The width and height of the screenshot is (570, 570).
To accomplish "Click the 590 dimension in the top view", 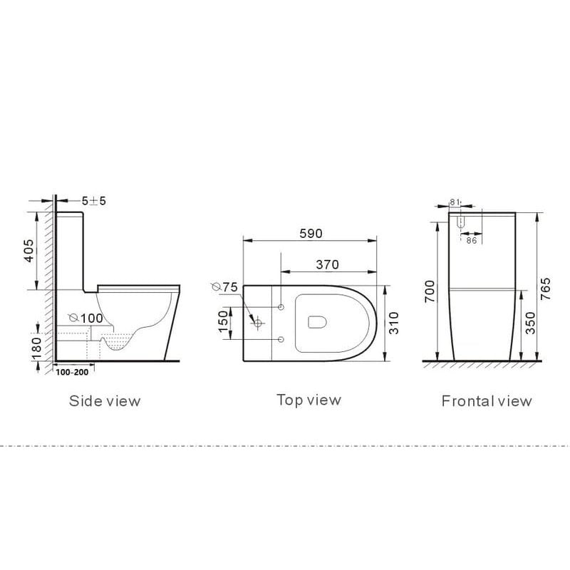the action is (x=311, y=234).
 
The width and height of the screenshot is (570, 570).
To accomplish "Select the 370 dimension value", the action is (x=327, y=264).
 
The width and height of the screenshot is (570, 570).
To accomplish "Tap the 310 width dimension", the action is (x=394, y=323).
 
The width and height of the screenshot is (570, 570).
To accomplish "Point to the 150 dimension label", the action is (x=223, y=321).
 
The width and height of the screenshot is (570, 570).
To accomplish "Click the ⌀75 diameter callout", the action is (x=224, y=287).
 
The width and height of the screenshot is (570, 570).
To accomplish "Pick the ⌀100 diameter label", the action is (x=85, y=318).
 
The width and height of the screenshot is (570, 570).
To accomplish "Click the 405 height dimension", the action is (x=29, y=250).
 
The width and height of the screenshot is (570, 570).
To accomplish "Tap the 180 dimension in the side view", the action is (x=37, y=348).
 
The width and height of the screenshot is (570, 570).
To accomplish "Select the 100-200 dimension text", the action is (x=72, y=372).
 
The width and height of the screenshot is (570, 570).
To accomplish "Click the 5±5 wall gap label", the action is (x=94, y=201).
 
